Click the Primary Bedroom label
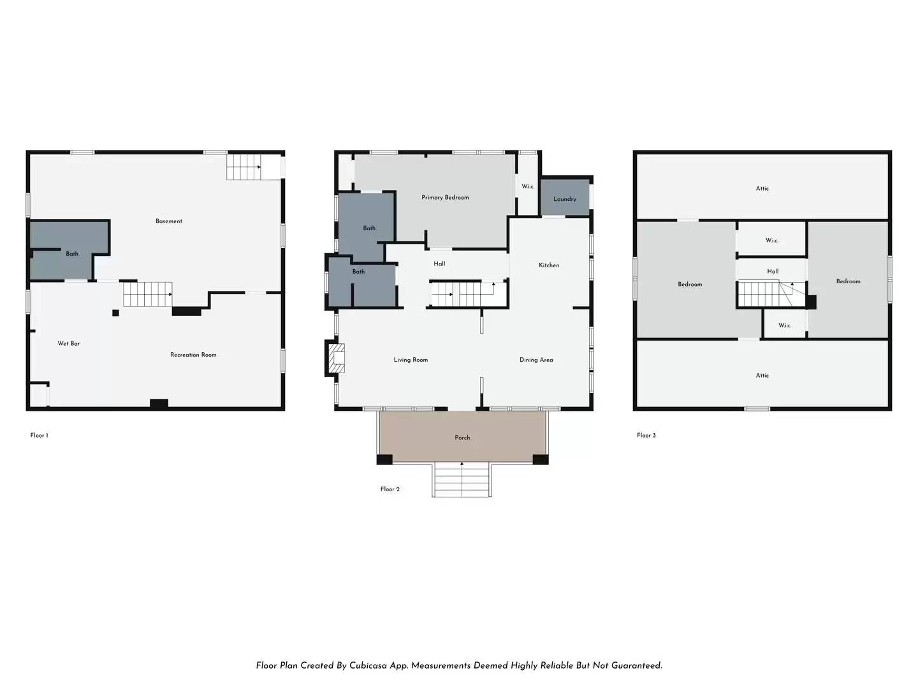point(445,198)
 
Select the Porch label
point(462,438)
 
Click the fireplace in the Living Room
point(336,358)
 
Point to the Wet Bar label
point(69,343)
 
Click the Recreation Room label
point(193,355)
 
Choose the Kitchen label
point(549,265)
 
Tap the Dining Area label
point(536,360)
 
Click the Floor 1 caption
point(40,436)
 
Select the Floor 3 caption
point(646,436)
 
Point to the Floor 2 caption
point(390,489)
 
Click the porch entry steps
point(462,479)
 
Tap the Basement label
point(168,221)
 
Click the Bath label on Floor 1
point(72,254)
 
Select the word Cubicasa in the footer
point(369,665)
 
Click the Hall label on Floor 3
point(773,272)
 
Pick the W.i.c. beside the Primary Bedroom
point(528,186)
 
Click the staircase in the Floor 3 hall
point(771,294)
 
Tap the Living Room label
point(411,360)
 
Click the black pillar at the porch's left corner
point(384,459)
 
